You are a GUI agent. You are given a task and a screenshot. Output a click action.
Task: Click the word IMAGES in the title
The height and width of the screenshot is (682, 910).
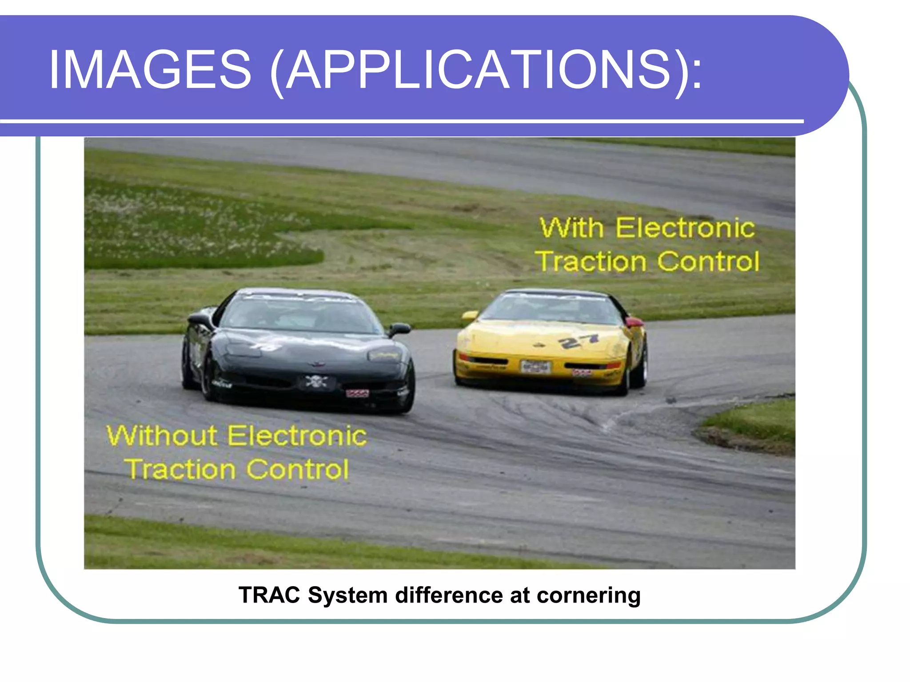(150, 70)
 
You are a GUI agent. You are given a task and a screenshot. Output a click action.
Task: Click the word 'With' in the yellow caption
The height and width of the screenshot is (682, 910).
(571, 228)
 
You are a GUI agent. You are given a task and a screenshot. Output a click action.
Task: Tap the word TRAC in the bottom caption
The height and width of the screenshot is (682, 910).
(269, 595)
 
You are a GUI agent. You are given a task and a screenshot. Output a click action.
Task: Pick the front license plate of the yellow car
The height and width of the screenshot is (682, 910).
(535, 367)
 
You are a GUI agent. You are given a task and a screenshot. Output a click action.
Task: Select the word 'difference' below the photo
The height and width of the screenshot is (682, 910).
(449, 595)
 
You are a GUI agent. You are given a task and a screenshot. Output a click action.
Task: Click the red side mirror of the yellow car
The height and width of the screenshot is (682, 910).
(635, 321)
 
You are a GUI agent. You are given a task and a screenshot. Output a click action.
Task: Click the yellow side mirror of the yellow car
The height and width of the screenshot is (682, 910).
(469, 316)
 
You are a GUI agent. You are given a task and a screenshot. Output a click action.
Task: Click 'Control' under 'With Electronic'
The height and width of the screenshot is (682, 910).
(708, 262)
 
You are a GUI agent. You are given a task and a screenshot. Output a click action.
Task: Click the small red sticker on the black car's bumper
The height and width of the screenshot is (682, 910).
(357, 393)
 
